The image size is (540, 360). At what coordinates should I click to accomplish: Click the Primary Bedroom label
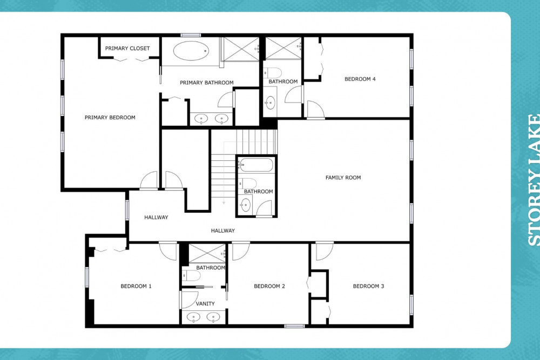tap(110, 117)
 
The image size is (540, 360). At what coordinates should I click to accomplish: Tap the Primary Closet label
tap(127, 48)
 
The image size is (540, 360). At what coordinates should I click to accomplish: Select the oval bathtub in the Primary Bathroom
tap(191, 51)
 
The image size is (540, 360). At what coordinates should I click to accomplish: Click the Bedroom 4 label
tap(360, 79)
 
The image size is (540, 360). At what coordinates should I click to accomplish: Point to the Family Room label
tap(343, 178)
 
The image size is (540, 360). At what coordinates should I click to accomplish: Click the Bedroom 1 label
tap(136, 286)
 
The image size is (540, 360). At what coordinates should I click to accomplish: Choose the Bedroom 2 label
tap(269, 286)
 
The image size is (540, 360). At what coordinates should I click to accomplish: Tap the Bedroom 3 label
tap(368, 286)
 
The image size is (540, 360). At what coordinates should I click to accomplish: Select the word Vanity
tap(205, 303)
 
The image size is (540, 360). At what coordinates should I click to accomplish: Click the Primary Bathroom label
tap(207, 83)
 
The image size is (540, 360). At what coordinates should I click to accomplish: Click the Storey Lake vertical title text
tap(534, 180)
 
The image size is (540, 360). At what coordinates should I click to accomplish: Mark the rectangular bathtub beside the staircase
tap(256, 165)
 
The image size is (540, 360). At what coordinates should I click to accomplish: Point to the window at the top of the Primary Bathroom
tap(191, 35)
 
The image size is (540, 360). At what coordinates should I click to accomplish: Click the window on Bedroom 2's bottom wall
tap(294, 326)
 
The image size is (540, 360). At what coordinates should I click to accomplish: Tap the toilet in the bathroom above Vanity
tap(192, 276)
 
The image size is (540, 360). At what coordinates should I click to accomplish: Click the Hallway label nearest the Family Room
tap(223, 230)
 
